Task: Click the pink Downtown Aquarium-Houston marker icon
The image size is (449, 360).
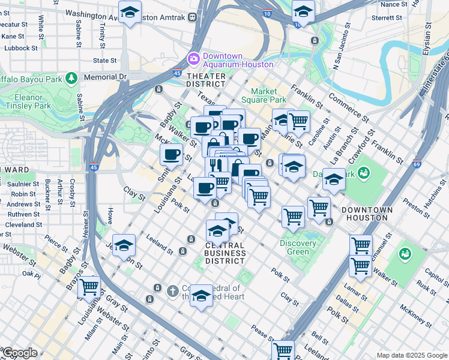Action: pos(194,59)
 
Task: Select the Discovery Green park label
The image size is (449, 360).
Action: pos(298,247)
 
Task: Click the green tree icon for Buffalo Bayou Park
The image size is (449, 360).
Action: pos(71,78)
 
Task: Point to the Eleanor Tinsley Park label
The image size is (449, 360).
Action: pos(28,101)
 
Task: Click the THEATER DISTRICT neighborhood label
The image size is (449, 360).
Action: pos(206,80)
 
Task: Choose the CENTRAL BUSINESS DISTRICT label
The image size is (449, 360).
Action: pos(224,253)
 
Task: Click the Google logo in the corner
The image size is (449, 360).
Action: pos(19,353)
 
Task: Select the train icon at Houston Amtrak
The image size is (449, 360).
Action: pos(193,18)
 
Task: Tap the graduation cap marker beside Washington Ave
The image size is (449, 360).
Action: pos(130,12)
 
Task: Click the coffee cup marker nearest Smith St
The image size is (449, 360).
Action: pos(172,154)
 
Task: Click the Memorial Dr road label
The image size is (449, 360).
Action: pos(106,77)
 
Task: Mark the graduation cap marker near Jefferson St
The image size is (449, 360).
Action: pos(124,245)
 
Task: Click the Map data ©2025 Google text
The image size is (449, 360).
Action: pos(412,355)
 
